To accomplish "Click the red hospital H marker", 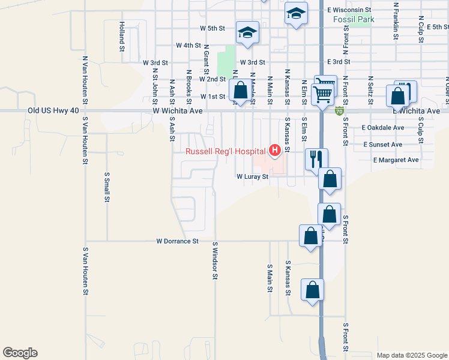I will [x=276, y=149].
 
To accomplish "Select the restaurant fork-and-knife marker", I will [x=316, y=159].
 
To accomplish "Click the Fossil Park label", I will [x=354, y=20].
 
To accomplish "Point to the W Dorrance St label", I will [x=177, y=241].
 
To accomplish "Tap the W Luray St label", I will [x=251, y=177].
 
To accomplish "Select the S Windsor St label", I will [x=214, y=260].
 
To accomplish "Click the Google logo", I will [x=20, y=353].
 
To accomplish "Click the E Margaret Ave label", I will [x=396, y=160].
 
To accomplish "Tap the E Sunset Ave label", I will [x=382, y=145].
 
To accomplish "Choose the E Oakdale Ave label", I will [x=382, y=128].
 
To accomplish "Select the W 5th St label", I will [x=212, y=28].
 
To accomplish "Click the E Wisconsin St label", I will [x=349, y=10].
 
